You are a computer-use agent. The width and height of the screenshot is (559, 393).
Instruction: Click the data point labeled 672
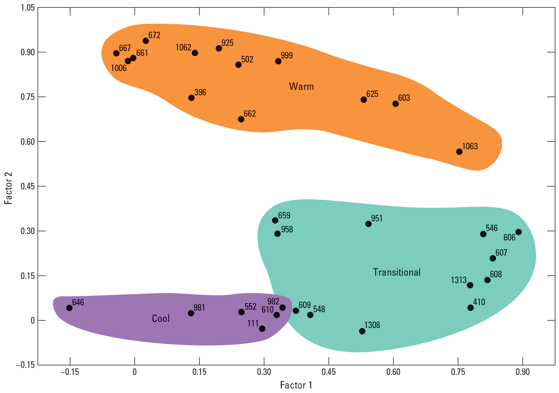pyautogui.click(x=146, y=41)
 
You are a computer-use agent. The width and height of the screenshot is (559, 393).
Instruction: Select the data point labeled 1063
pyautogui.click(x=459, y=152)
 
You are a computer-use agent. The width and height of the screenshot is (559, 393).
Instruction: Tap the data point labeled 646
pyautogui.click(x=69, y=308)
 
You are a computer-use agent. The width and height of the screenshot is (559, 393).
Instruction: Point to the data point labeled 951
pyautogui.click(x=368, y=224)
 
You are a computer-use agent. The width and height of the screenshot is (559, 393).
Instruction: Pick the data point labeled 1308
pyautogui.click(x=362, y=331)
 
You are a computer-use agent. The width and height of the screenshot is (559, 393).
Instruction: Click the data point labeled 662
pyautogui.click(x=241, y=119)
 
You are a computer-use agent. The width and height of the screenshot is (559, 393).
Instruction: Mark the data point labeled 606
pyautogui.click(x=519, y=232)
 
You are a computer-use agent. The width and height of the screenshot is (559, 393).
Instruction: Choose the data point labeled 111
pyautogui.click(x=262, y=329)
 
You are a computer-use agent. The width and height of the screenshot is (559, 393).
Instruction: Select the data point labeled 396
pyautogui.click(x=191, y=98)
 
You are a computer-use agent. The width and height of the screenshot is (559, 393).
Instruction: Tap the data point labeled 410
pyautogui.click(x=470, y=308)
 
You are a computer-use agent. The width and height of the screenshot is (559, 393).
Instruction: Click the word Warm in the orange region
pyautogui.click(x=301, y=87)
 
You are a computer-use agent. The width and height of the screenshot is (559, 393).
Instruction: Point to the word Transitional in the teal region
pyautogui.click(x=397, y=272)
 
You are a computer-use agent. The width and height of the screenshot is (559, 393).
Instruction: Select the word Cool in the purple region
pyautogui.click(x=161, y=319)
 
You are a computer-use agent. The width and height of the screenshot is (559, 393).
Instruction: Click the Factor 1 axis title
pyautogui.click(x=296, y=385)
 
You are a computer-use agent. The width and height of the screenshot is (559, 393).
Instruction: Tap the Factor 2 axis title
pyautogui.click(x=8, y=188)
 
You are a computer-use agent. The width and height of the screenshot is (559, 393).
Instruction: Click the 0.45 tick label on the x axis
pyautogui.click(x=329, y=372)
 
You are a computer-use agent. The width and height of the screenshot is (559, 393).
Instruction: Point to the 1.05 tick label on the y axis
pyautogui.click(x=27, y=7)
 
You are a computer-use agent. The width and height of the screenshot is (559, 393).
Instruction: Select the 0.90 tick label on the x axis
pyautogui.click(x=522, y=372)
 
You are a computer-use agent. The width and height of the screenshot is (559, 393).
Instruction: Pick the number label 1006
pyautogui.click(x=119, y=68)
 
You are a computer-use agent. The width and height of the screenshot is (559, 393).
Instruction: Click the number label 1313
pyautogui.click(x=459, y=280)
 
